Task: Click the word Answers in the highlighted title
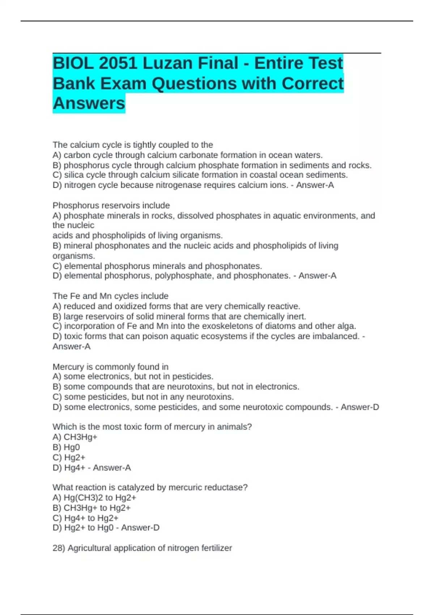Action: pyautogui.click(x=89, y=103)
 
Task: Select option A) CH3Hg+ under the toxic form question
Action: pyautogui.click(x=75, y=437)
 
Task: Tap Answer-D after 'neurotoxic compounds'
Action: pyautogui.click(x=360, y=407)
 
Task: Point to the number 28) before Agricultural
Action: pyautogui.click(x=59, y=548)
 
